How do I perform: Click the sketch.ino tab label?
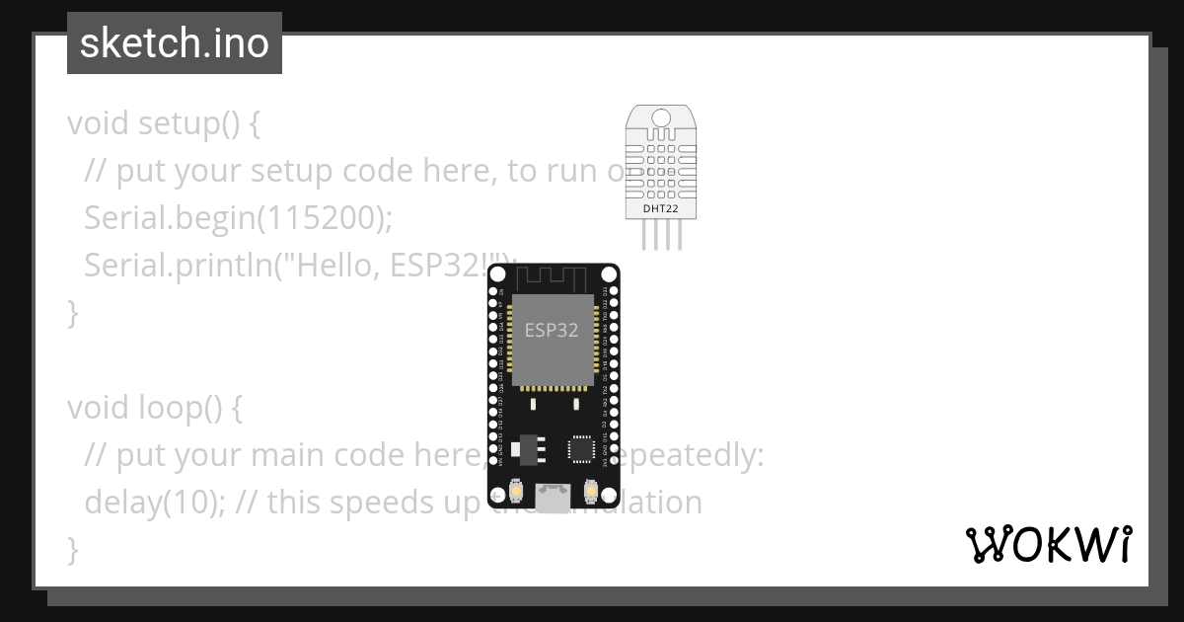point(174,43)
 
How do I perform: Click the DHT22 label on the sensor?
point(661,208)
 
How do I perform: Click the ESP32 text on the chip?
point(552,330)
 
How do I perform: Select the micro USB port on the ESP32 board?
point(552,497)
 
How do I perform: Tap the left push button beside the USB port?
point(514,490)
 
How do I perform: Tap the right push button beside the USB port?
point(590,490)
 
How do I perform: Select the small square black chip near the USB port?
point(581,449)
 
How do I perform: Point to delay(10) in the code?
point(143,503)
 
